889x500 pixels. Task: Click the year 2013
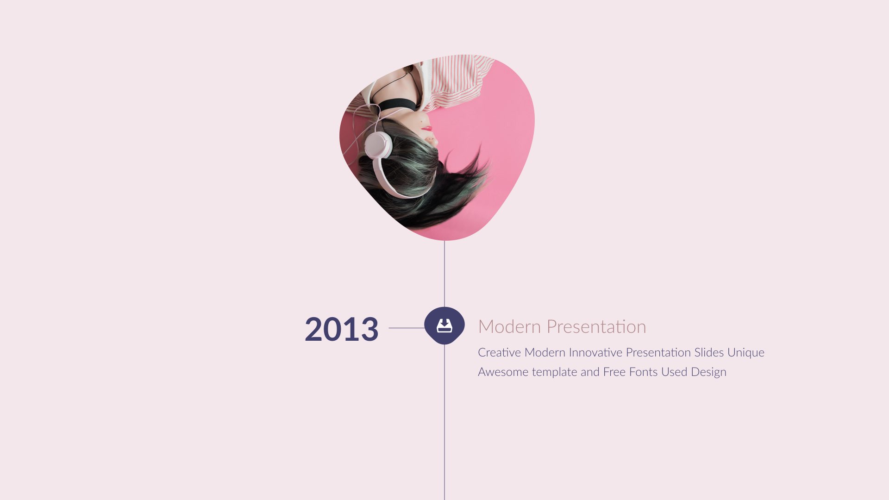[x=341, y=329]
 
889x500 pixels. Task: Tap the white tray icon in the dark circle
[x=444, y=325]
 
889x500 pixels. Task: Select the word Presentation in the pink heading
[x=596, y=327]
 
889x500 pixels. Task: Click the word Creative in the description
[x=499, y=352]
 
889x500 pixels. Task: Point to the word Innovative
[x=595, y=352]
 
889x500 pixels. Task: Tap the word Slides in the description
[x=708, y=352]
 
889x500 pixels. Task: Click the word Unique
[x=745, y=352]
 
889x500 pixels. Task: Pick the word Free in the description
[x=614, y=372]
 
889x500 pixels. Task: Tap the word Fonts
[x=643, y=372]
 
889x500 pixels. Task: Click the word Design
[x=708, y=372]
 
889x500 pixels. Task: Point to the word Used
[x=674, y=372]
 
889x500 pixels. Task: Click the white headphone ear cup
[x=377, y=145]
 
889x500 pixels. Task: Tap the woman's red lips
[x=427, y=128]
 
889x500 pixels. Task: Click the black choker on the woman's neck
[x=396, y=105]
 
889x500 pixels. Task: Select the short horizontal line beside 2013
[x=406, y=328]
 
